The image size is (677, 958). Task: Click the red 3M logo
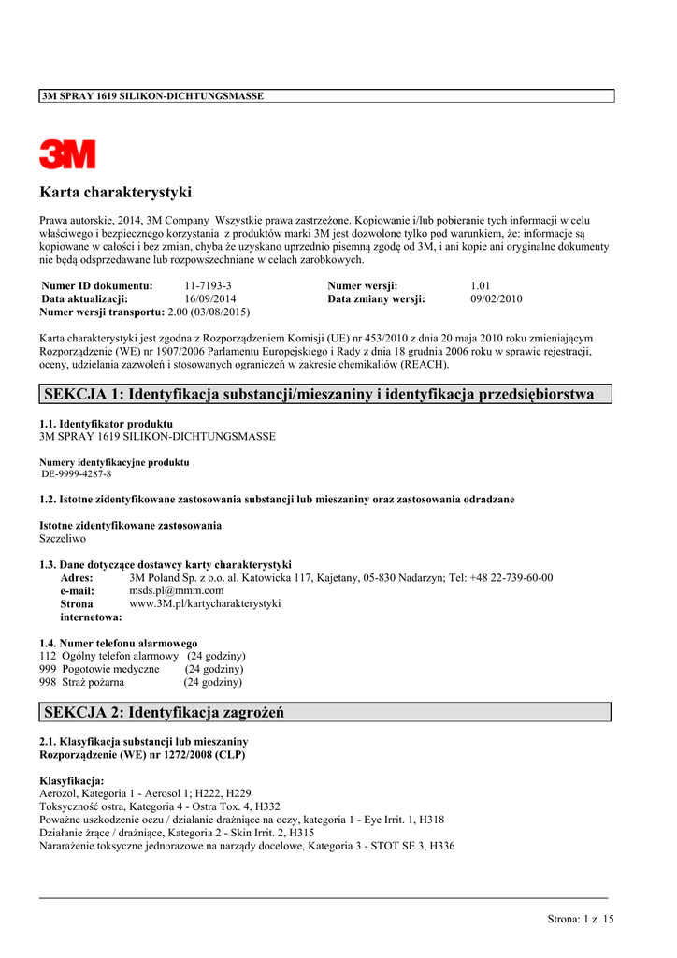pyautogui.click(x=67, y=154)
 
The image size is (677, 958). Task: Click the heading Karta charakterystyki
pyautogui.click(x=115, y=193)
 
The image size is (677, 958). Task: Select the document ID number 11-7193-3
pyautogui.click(x=208, y=285)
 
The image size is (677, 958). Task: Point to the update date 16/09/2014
pyautogui.click(x=210, y=298)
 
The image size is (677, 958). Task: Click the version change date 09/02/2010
pyautogui.click(x=496, y=298)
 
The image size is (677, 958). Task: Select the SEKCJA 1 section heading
pyautogui.click(x=319, y=394)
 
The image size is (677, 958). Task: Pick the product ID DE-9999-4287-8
pyautogui.click(x=77, y=474)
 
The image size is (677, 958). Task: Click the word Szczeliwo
pyautogui.click(x=63, y=539)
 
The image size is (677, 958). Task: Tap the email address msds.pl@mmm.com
pyautogui.click(x=176, y=591)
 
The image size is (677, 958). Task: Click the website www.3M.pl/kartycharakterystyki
pyautogui.click(x=205, y=604)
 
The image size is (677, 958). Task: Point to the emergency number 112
pyautogui.click(x=48, y=656)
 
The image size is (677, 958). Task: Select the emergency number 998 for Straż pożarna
pyautogui.click(x=48, y=682)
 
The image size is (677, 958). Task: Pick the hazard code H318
pyautogui.click(x=430, y=820)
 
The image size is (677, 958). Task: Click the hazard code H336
pyautogui.click(x=439, y=846)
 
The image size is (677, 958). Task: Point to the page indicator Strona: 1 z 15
pyautogui.click(x=580, y=920)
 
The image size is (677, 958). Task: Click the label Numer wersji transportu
pyautogui.click(x=102, y=312)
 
